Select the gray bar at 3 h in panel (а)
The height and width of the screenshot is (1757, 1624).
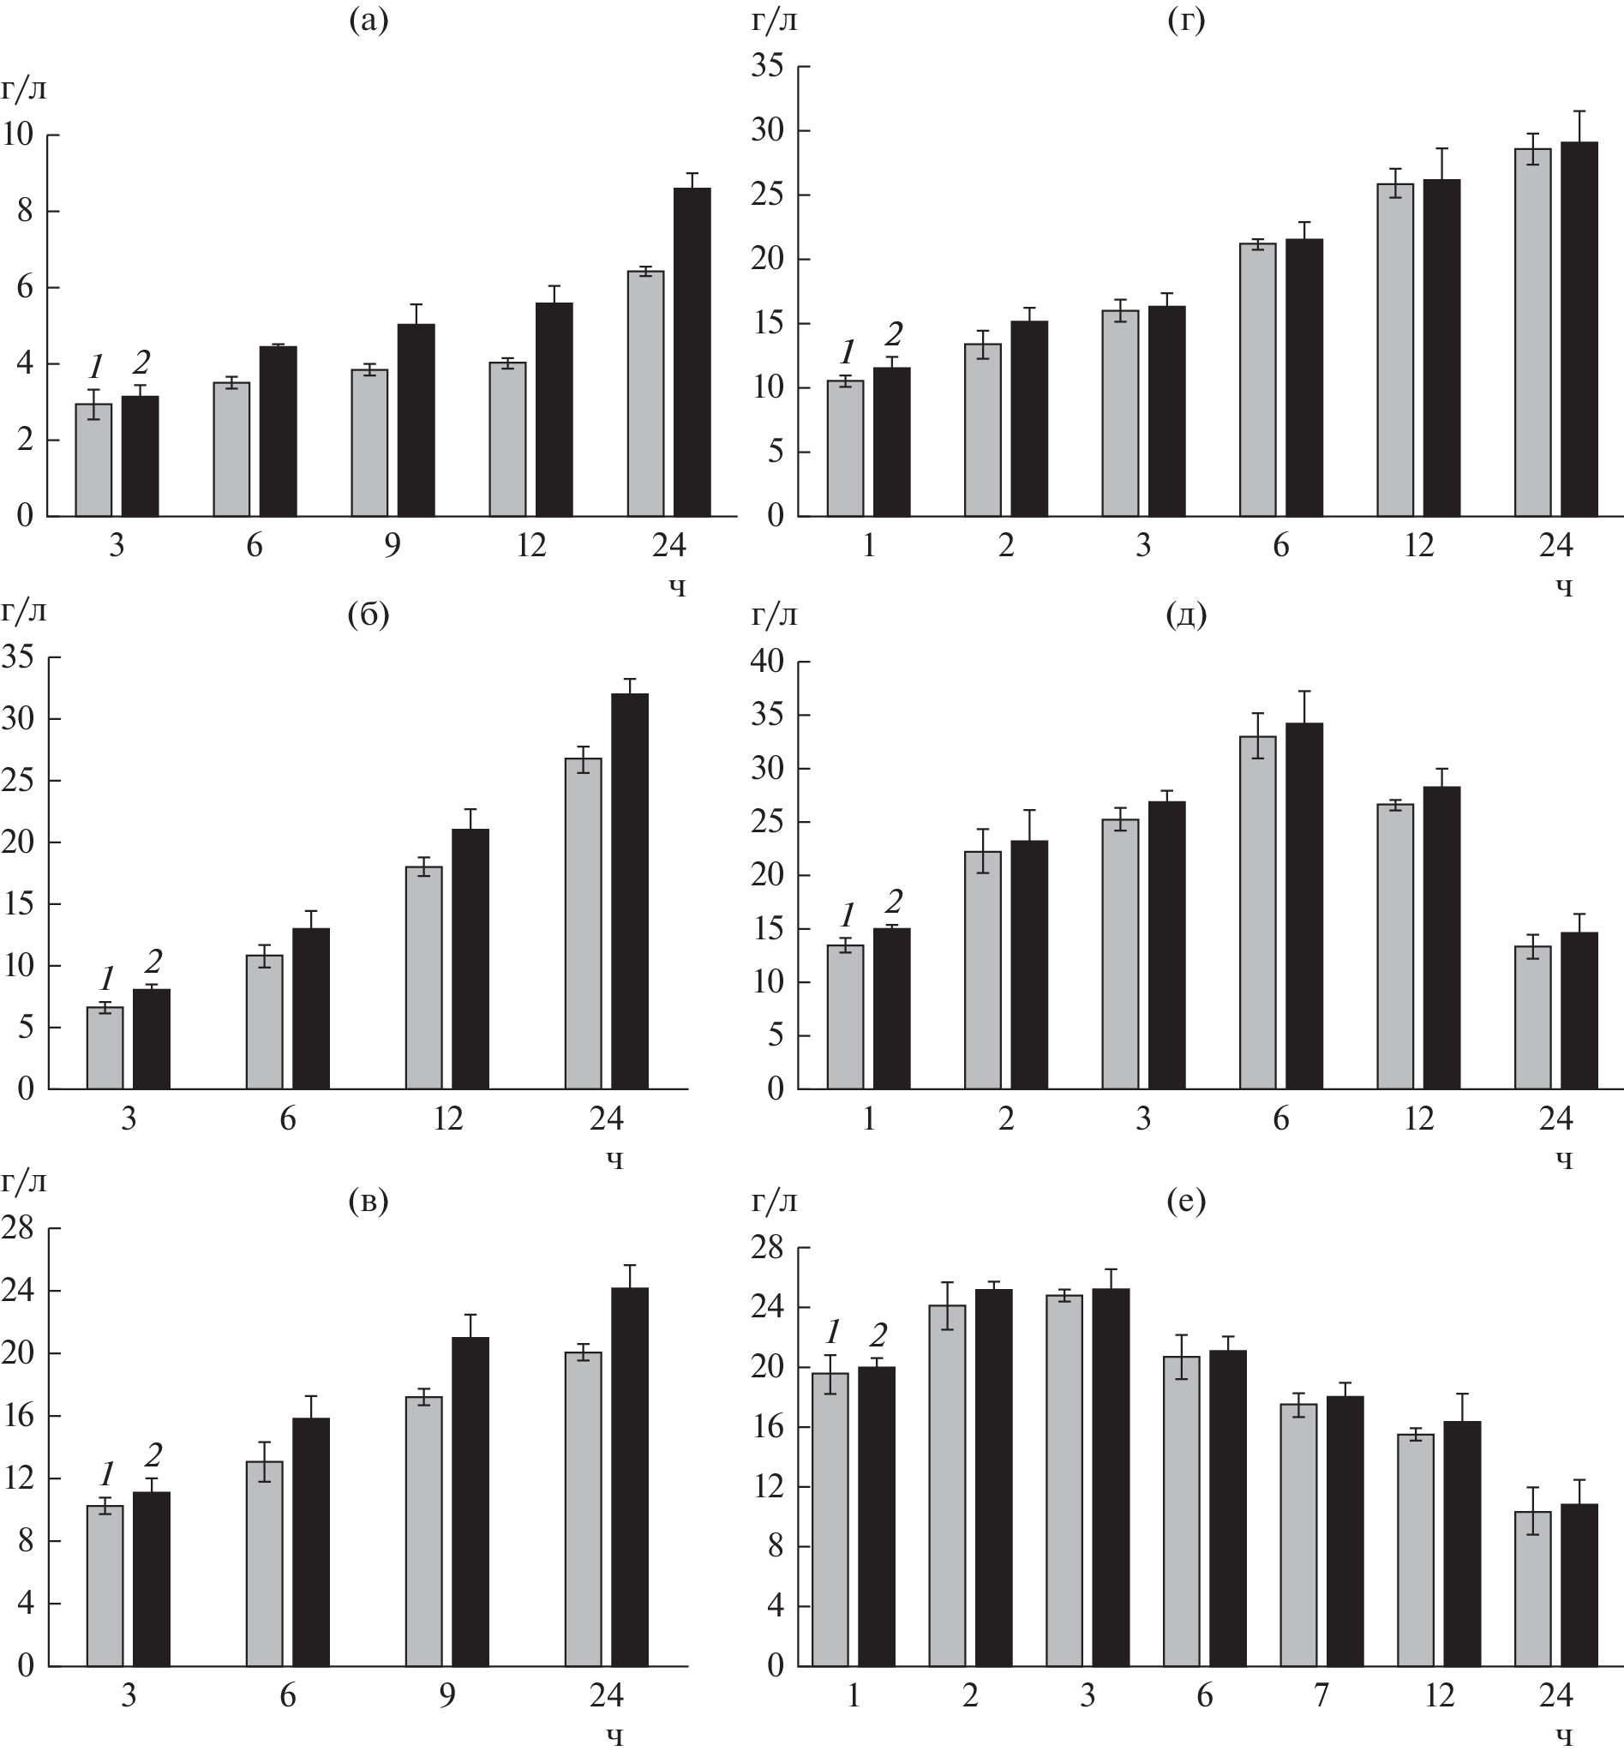(x=93, y=459)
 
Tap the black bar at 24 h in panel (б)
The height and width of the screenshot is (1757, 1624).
(x=629, y=891)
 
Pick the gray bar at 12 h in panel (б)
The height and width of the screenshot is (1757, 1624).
(x=423, y=977)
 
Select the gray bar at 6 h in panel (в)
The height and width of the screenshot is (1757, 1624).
(x=265, y=1563)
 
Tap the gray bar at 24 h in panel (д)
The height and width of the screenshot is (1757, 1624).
(x=1532, y=1017)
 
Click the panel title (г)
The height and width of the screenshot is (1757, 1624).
(x=1185, y=20)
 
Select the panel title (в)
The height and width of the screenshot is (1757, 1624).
(x=369, y=1200)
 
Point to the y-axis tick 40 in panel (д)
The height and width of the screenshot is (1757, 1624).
(x=767, y=662)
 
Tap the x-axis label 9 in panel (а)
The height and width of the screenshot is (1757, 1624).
(x=392, y=546)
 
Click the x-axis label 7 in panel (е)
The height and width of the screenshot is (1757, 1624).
(x=1321, y=1694)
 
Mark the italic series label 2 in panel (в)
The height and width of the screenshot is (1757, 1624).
(x=153, y=1455)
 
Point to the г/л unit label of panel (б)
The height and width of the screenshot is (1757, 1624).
(x=23, y=610)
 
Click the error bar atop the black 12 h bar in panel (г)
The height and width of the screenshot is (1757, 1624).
(x=1442, y=164)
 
